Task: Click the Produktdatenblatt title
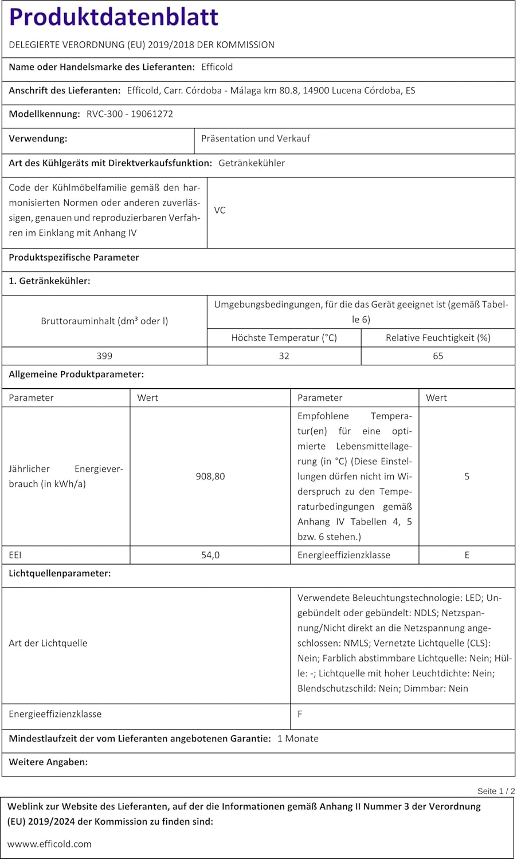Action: [x=113, y=17]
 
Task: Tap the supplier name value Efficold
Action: [x=217, y=67]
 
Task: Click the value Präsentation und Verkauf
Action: [x=255, y=139]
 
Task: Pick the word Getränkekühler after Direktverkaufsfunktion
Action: [x=252, y=163]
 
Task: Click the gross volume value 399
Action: [x=104, y=356]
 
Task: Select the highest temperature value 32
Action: [x=284, y=356]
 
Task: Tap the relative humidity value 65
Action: [x=438, y=356]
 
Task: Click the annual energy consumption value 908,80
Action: [x=210, y=476]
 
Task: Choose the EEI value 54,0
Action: [x=210, y=555]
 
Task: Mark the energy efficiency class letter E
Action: [x=467, y=555]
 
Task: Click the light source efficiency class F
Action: [x=300, y=714]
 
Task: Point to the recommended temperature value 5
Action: [x=467, y=476]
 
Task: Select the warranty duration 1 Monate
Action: [x=297, y=739]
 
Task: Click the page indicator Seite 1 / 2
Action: [x=496, y=791]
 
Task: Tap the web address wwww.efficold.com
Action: [x=49, y=844]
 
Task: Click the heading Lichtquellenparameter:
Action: [x=60, y=573]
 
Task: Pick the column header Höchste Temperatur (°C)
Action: [x=284, y=338]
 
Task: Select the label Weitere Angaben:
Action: [x=48, y=762]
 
